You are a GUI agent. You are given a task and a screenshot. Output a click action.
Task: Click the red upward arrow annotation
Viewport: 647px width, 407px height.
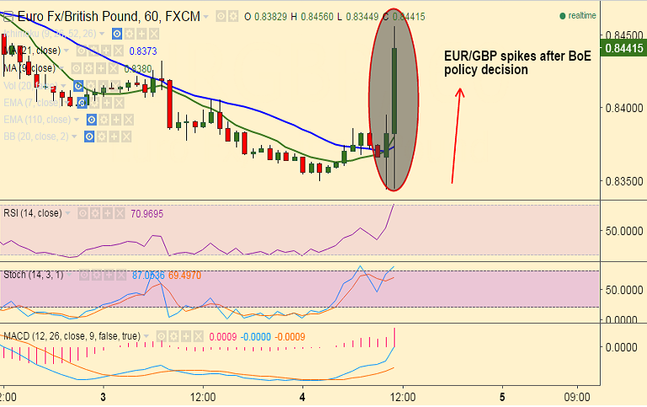[457, 135]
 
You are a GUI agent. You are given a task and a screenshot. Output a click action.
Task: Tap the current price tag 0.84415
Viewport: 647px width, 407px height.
[623, 49]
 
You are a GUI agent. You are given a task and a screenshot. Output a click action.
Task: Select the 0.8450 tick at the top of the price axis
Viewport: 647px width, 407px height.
[621, 36]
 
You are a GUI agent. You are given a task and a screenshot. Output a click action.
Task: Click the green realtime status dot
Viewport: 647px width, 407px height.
[562, 16]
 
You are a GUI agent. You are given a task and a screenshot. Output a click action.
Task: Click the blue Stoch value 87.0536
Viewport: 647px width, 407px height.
[148, 275]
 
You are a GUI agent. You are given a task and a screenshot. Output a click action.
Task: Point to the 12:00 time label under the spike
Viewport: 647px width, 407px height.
[403, 395]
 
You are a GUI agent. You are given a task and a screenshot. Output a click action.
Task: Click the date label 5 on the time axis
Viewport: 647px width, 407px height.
[502, 395]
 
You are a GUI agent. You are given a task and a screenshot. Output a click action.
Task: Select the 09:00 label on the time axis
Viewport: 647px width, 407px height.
[577, 395]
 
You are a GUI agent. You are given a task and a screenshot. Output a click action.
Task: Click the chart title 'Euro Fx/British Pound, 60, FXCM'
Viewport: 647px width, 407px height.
[104, 16]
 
